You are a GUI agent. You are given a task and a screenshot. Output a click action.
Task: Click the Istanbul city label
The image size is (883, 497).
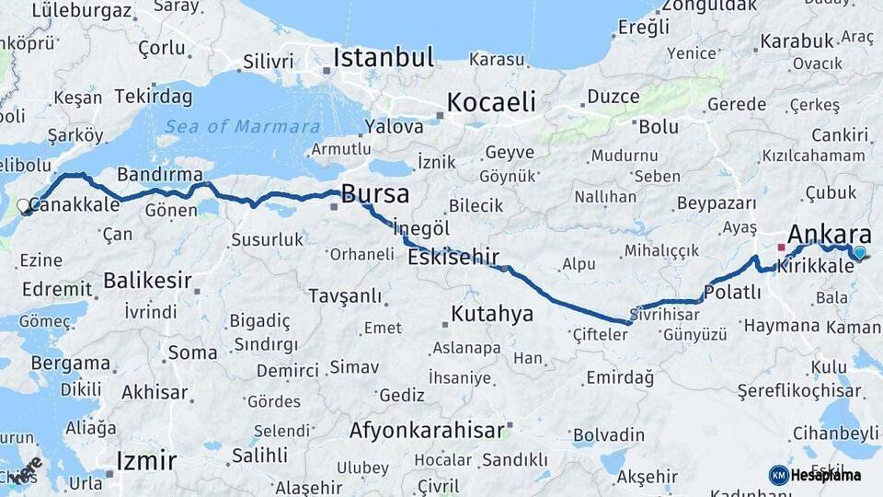(x=383, y=57)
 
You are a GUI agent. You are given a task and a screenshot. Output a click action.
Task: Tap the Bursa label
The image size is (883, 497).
(x=374, y=194)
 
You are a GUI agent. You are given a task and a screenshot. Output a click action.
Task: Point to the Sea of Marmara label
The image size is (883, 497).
(x=244, y=127)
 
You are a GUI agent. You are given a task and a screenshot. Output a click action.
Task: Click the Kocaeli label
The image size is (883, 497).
(x=491, y=102)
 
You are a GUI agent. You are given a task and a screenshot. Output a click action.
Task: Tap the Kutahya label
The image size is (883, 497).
(x=491, y=314)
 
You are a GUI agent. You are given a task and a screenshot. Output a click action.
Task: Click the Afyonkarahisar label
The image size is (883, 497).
(x=427, y=430)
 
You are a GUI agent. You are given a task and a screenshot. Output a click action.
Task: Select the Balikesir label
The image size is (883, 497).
(x=147, y=280)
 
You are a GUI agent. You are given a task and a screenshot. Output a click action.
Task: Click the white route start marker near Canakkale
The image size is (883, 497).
(x=24, y=206)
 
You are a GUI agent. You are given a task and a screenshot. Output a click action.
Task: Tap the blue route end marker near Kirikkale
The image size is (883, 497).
(x=859, y=252)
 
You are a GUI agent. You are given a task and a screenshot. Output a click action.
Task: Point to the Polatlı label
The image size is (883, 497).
(x=732, y=293)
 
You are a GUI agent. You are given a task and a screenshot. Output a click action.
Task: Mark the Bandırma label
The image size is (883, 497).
(x=160, y=175)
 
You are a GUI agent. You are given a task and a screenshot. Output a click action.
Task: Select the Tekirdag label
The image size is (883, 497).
(x=153, y=97)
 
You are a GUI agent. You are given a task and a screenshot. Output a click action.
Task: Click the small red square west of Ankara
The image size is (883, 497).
(x=781, y=247)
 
